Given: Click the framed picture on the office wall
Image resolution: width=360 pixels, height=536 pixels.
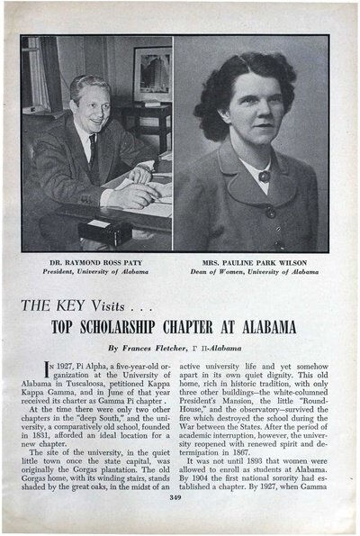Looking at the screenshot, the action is pos(150,74).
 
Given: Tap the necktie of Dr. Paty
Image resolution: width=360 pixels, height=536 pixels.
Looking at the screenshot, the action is pos(93,156).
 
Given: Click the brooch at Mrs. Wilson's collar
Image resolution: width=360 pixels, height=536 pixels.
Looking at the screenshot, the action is pos(265,176).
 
